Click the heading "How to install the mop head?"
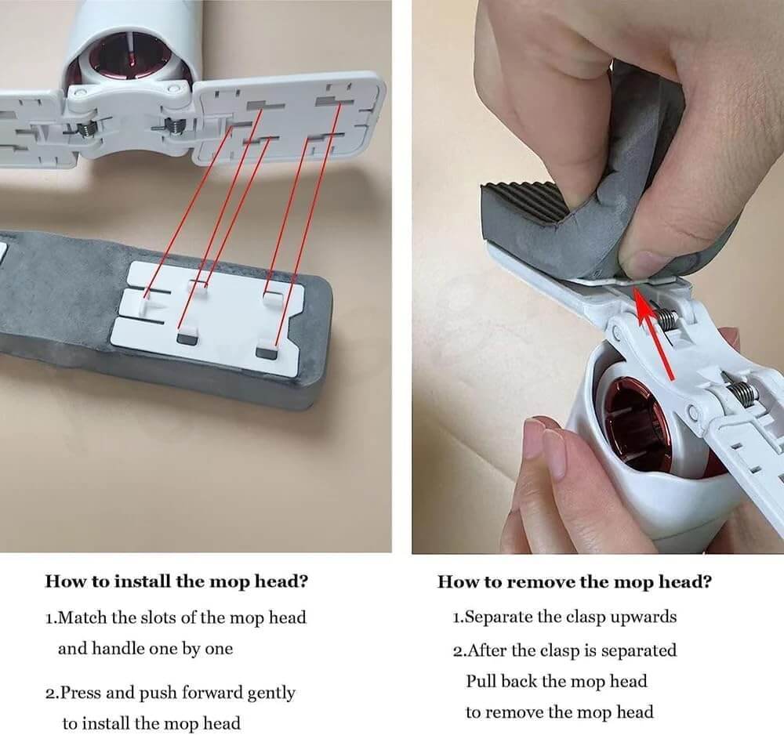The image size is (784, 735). (176, 581)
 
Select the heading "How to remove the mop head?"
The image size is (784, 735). (575, 581)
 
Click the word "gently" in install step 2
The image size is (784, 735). (270, 693)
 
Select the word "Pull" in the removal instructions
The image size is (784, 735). (482, 681)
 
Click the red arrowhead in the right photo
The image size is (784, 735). (643, 302)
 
